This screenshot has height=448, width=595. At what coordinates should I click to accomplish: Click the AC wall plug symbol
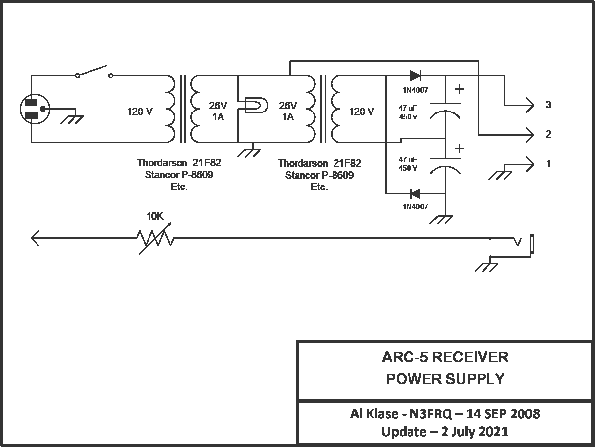[x=35, y=109]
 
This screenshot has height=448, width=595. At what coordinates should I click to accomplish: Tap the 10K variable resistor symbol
[x=155, y=238]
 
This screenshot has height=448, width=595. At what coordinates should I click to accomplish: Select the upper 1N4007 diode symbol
[x=415, y=75]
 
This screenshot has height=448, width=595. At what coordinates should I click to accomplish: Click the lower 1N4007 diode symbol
[x=415, y=194]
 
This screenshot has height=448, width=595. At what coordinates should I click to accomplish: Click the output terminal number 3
[x=548, y=105]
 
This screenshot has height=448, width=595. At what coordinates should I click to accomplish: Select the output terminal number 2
[x=548, y=134]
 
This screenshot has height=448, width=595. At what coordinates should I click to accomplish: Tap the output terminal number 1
[x=548, y=164]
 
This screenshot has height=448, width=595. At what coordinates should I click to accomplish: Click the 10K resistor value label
[x=155, y=216]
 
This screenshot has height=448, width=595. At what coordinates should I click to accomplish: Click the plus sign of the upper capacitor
[x=459, y=89]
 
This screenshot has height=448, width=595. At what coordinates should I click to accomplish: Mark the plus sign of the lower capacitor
[x=459, y=148]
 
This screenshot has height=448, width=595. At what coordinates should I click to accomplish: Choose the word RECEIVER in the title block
[x=470, y=357]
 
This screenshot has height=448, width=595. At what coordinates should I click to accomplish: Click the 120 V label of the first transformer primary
[x=140, y=112]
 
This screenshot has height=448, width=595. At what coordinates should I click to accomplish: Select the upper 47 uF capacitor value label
[x=408, y=112]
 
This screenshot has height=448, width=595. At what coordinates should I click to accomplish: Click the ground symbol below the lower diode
[x=441, y=220]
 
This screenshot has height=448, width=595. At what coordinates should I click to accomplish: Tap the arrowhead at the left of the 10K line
[x=35, y=238]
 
